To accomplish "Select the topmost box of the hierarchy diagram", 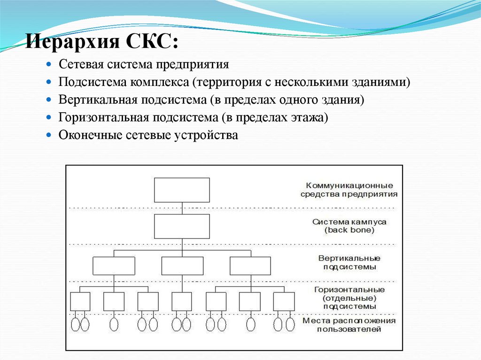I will point(182,190).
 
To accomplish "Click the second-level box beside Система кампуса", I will point(182,226).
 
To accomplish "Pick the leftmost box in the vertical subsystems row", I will point(114,266).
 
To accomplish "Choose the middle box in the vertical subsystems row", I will point(182,266).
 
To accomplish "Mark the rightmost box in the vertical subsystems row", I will point(250,266).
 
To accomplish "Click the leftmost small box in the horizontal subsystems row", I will point(80,301).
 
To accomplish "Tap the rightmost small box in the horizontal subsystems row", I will point(284,301).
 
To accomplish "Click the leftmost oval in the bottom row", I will point(75,325).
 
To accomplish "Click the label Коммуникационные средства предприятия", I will point(350,190).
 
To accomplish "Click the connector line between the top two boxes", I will point(182,208).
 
